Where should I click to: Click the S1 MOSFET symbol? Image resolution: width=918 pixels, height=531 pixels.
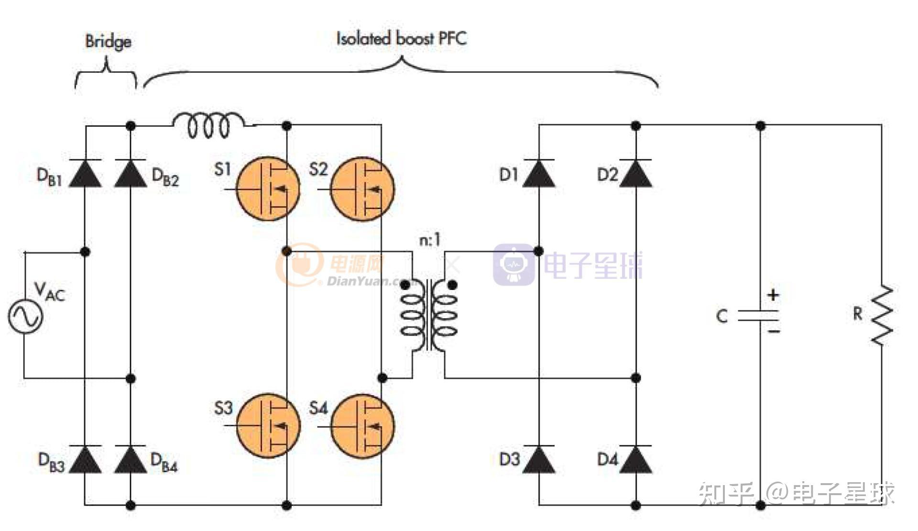pos(268,188)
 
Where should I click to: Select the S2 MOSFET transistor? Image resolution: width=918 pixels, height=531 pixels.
pos(363,188)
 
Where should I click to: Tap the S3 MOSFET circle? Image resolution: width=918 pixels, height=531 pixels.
pos(268,425)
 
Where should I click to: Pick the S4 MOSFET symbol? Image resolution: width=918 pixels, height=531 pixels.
pos(363,425)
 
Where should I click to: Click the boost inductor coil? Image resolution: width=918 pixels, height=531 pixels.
pos(208,125)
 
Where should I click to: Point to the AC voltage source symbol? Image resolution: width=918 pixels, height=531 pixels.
pos(25,316)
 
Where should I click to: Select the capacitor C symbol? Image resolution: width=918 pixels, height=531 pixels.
pos(759,316)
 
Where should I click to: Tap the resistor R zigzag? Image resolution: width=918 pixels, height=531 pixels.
pos(881,316)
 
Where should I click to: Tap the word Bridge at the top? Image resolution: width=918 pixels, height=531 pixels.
pos(108,42)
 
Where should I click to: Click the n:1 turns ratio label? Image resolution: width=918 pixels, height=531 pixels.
pos(429,240)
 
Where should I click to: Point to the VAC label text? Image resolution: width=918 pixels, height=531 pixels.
pos(49,291)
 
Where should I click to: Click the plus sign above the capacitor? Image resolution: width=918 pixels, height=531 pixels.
pos(773,295)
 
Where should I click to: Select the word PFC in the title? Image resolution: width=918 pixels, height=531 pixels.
pos(452,38)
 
